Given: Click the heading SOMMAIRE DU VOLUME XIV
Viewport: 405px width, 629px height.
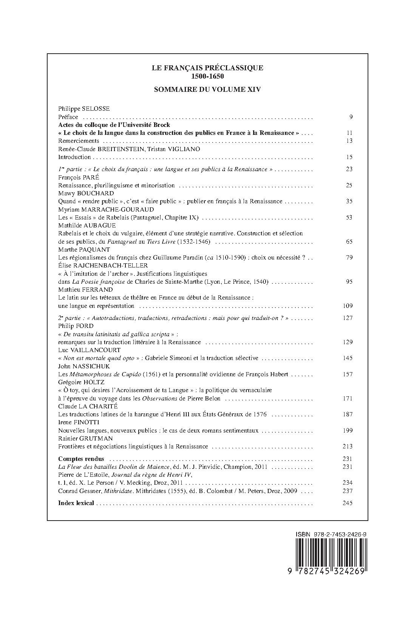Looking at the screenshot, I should click(x=207, y=90).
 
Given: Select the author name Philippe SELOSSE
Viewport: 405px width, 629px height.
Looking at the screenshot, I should click(x=84, y=108).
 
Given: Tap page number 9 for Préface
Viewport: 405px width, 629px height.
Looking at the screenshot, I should click(x=351, y=117).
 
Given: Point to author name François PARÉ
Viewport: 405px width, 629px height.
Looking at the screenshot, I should click(x=78, y=177).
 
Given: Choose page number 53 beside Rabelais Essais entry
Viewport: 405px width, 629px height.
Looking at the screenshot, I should click(x=349, y=217).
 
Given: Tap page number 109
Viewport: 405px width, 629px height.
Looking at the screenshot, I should click(x=348, y=306).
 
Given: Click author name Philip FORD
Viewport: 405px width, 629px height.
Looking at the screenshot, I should click(x=76, y=326).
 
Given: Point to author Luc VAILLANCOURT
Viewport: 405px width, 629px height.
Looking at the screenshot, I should click(x=89, y=350).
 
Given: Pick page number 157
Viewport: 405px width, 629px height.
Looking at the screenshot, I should click(x=348, y=374).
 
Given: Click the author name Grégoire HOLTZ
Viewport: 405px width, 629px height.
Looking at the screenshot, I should click(x=81, y=382).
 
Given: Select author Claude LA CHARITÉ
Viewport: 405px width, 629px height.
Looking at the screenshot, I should click(x=88, y=406).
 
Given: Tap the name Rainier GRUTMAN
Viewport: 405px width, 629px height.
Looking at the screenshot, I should click(x=86, y=438).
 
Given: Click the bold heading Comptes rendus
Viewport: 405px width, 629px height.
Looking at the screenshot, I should click(x=81, y=459).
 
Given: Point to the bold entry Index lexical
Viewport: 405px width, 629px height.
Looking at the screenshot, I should click(x=76, y=503).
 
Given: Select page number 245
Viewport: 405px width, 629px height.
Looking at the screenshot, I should click(x=348, y=503).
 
